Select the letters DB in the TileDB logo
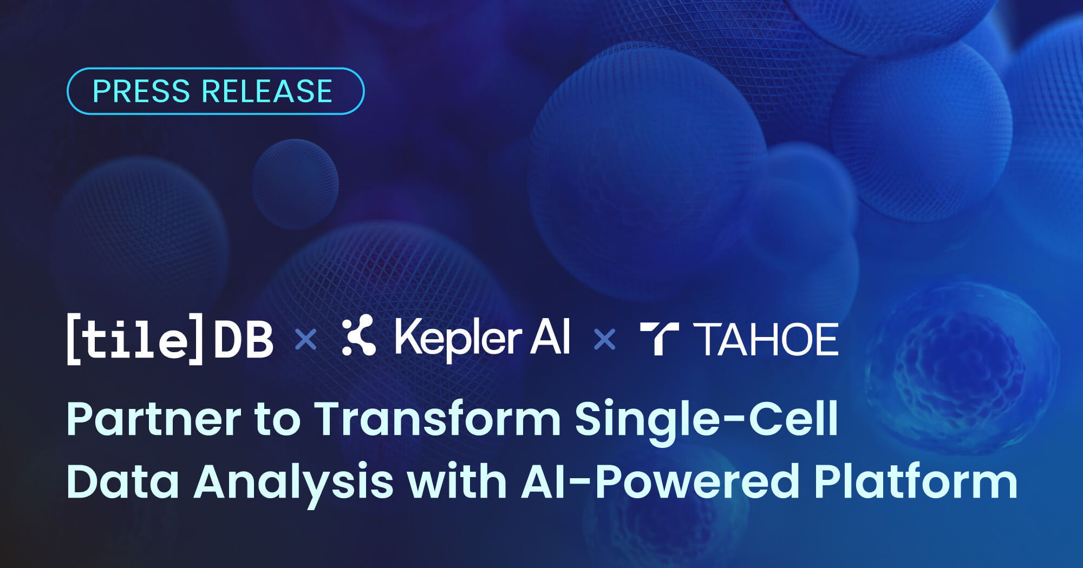click(x=244, y=340)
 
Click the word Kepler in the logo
click(x=458, y=338)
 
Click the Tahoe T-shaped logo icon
click(x=658, y=339)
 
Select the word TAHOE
click(x=769, y=340)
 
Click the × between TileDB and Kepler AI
click(x=306, y=340)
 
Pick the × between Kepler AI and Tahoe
click(x=604, y=340)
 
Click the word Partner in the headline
click(x=154, y=419)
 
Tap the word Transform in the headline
click(x=438, y=419)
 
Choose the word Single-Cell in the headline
click(x=706, y=419)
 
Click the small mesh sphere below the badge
click(x=295, y=184)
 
